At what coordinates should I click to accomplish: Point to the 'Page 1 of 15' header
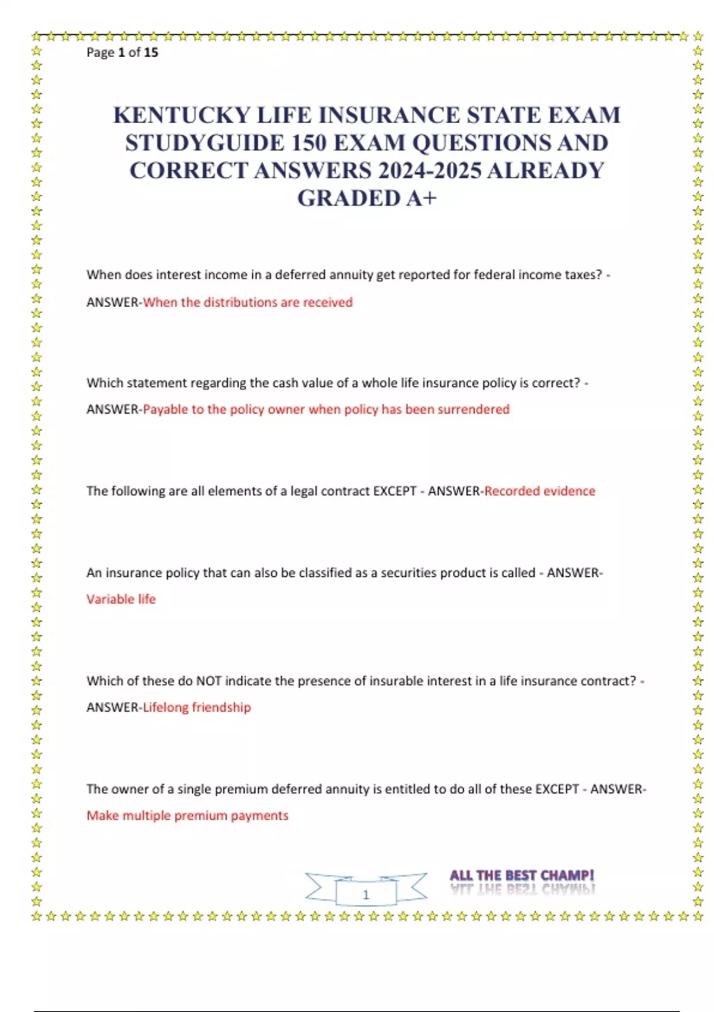pyautogui.click(x=122, y=52)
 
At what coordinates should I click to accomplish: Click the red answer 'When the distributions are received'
pyautogui.click(x=248, y=302)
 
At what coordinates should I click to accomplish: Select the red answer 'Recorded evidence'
pyautogui.click(x=540, y=491)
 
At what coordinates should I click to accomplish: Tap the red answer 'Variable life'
pyautogui.click(x=121, y=599)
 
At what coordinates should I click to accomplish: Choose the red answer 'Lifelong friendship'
pyautogui.click(x=197, y=707)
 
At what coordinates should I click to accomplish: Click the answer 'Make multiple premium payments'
pyautogui.click(x=187, y=816)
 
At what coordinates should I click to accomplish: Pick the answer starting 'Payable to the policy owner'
pyautogui.click(x=326, y=410)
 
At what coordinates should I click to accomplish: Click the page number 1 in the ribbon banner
pyautogui.click(x=366, y=894)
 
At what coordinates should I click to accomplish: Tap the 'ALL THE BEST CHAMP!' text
pyautogui.click(x=521, y=876)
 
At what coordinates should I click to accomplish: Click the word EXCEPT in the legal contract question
pyautogui.click(x=394, y=491)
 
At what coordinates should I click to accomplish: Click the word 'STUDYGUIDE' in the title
pyautogui.click(x=205, y=143)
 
